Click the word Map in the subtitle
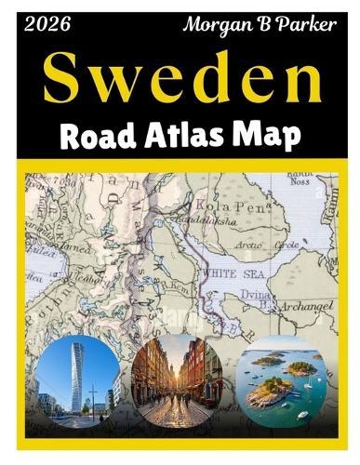(x=270, y=136)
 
